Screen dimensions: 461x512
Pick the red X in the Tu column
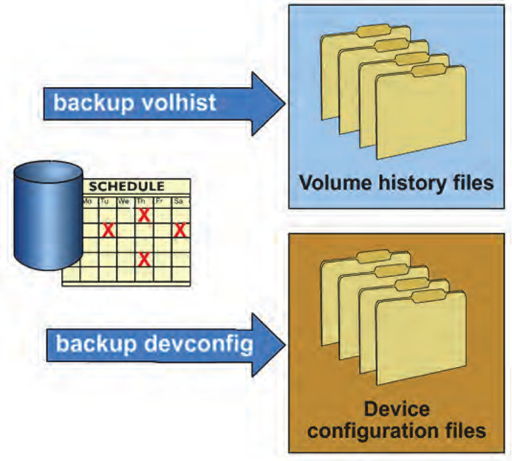[x=108, y=230]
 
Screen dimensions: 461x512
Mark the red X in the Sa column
[x=181, y=230]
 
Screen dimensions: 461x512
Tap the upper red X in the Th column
[x=143, y=215]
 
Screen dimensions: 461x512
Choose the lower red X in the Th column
[x=143, y=259]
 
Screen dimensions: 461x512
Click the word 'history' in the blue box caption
[x=411, y=183]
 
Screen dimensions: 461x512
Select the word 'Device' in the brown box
[x=397, y=409]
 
